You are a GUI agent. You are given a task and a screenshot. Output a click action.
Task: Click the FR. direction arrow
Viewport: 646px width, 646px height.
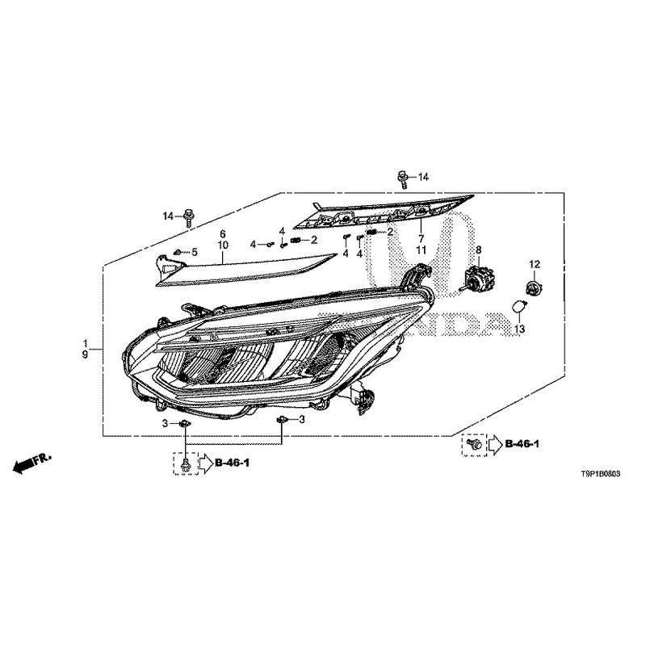click(32, 463)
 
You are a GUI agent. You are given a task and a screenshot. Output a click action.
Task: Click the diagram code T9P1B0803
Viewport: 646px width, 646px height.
click(600, 474)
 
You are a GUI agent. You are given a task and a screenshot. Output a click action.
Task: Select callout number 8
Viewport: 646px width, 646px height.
click(478, 250)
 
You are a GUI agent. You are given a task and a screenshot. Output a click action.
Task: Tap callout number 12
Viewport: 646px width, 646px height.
click(535, 264)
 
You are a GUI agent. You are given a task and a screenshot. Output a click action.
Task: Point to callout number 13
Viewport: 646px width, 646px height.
click(519, 329)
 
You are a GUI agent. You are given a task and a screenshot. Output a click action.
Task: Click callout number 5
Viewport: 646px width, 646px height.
click(194, 251)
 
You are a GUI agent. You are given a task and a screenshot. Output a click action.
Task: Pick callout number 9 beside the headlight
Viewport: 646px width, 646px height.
click(85, 354)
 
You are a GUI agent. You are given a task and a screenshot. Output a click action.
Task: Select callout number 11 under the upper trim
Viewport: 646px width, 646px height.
click(421, 250)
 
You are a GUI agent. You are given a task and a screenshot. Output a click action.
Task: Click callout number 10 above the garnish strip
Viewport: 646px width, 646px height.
click(223, 245)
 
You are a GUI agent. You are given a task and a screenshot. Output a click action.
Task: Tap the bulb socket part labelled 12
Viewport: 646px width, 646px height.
click(535, 286)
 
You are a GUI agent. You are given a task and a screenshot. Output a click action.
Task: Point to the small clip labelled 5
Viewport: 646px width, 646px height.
click(178, 251)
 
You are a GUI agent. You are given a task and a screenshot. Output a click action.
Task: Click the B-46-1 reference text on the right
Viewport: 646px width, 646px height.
click(522, 443)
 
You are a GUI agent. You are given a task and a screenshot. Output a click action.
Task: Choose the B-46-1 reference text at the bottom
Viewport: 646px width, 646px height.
click(233, 463)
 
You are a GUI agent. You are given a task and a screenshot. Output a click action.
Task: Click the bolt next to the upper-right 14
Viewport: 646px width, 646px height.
click(402, 179)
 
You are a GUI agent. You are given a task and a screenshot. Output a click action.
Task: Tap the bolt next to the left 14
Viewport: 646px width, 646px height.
click(188, 217)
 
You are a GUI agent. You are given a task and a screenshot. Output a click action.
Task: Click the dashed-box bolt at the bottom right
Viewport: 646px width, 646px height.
click(474, 444)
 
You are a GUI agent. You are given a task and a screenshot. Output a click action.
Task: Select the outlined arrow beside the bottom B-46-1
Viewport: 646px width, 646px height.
click(207, 464)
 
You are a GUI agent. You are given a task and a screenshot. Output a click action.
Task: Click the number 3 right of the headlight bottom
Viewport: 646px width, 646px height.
click(302, 419)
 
